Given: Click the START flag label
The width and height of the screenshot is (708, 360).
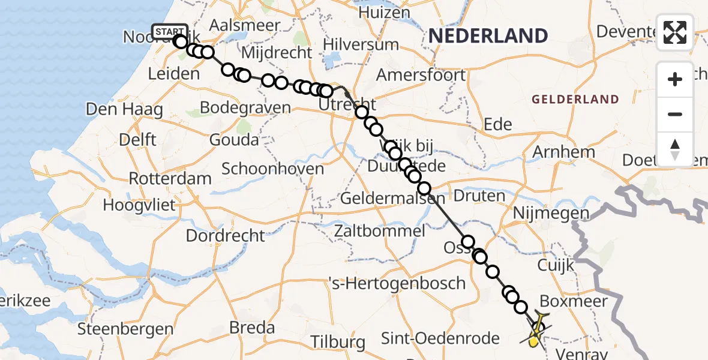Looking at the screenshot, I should point(170,32).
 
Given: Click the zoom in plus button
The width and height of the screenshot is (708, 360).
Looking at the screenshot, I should point(675,79).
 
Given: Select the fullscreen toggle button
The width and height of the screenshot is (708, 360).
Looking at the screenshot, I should point(675,32).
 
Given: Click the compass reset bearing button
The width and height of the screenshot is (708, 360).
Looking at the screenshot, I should point(675,148).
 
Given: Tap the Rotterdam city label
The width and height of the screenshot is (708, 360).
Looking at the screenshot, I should point(170,178).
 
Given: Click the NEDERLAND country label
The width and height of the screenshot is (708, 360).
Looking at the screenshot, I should point(488,36).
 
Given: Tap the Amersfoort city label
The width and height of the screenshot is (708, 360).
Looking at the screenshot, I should point(421,76).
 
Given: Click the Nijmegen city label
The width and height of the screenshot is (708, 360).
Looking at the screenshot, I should point(551,212).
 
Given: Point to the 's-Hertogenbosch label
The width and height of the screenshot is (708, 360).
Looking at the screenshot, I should point(397,283).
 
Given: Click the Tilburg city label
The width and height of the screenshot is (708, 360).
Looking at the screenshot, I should point(338,343).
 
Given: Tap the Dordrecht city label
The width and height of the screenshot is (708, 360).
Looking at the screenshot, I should point(226,235).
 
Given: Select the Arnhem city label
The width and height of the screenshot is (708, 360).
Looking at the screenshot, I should point(563,152).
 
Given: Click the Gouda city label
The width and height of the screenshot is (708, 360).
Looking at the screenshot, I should point(234,140).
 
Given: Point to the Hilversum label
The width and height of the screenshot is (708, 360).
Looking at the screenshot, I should point(361,44).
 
